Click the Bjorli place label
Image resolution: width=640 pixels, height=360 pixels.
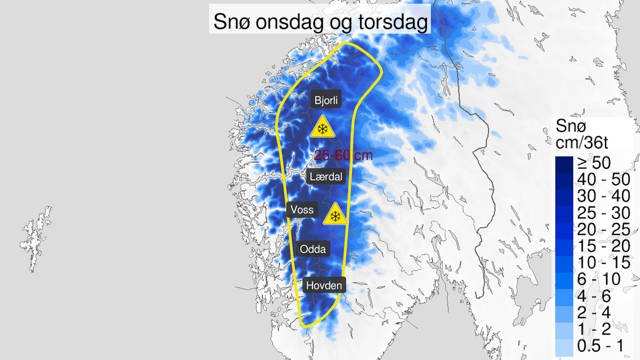coord(326,100)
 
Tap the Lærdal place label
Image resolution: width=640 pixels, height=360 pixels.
coord(325,176)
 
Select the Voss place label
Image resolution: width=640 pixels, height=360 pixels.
coord(302,209)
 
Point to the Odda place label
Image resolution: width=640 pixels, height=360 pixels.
coord(312,249)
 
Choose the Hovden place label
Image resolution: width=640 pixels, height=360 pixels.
coord(324,285)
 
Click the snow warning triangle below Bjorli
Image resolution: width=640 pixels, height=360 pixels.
coord(322,127)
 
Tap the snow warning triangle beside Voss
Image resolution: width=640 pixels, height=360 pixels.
coord(335,215)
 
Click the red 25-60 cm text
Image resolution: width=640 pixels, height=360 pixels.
coord(343,155)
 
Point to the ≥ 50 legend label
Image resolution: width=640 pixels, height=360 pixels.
coord(594,162)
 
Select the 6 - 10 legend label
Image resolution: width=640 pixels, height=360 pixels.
coord(598,278)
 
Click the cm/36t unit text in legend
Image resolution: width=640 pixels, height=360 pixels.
coord(581,142)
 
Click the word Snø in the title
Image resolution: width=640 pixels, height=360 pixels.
coord(229,22)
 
